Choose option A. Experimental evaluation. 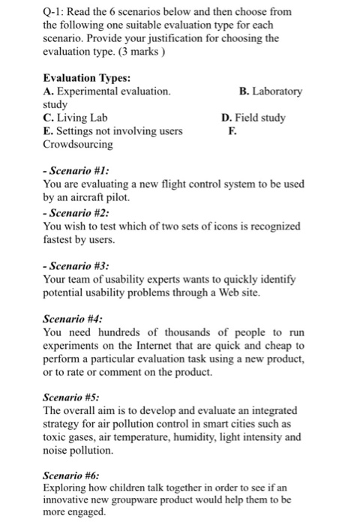[107, 91]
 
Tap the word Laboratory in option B [277, 91]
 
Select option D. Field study [253, 118]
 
